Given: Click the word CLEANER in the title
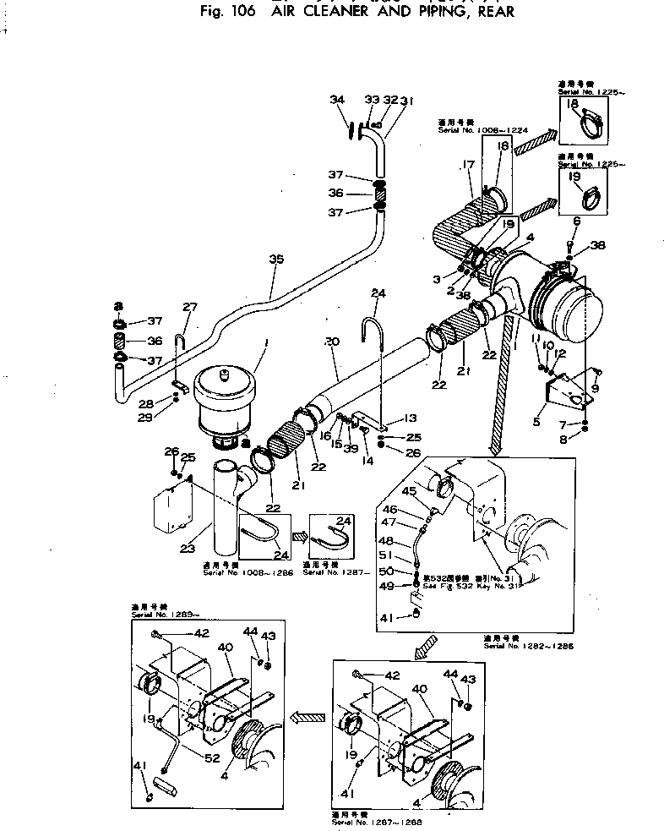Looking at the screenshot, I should point(311,12).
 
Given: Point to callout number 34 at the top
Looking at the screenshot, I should point(338,100).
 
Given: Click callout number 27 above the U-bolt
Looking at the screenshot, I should point(188,307).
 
